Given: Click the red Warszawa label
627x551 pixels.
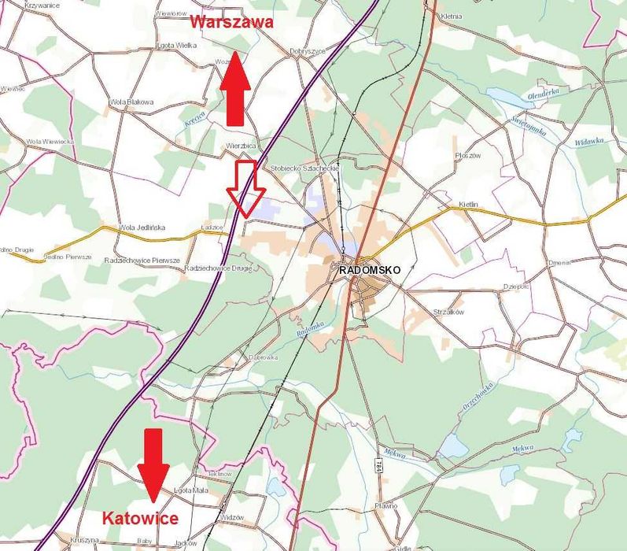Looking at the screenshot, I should click(x=231, y=22).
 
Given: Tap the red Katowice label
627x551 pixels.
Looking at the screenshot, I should click(x=140, y=518).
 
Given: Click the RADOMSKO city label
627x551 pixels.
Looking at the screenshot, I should click(x=370, y=269).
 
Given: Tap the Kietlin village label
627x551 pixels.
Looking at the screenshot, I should click(x=468, y=205).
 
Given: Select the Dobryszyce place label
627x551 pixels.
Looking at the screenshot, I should click(x=308, y=51).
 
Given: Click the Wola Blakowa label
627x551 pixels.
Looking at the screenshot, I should click(x=131, y=102).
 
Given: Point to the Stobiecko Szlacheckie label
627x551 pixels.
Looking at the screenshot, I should click(x=304, y=168).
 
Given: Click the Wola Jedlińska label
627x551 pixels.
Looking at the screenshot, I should click(x=142, y=227).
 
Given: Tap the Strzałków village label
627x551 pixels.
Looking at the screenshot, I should click(x=449, y=312).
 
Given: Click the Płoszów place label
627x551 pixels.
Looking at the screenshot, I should click(x=467, y=155).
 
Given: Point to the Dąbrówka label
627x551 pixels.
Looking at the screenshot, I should click(x=264, y=357).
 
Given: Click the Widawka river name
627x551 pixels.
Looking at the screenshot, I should click(x=588, y=141).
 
